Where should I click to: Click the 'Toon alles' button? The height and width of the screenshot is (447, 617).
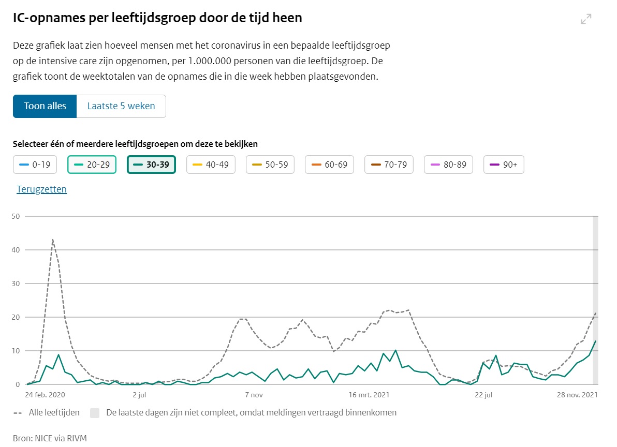click(45, 106)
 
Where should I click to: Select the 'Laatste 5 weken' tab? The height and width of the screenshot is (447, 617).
click(121, 106)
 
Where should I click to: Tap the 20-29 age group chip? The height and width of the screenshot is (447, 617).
click(92, 165)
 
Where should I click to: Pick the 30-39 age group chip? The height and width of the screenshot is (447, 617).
click(151, 165)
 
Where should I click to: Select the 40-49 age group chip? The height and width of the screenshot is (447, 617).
click(211, 165)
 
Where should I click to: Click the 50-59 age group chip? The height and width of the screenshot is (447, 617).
click(270, 165)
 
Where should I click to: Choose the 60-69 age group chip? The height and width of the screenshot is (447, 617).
click(330, 165)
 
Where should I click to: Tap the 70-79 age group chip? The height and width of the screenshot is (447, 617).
click(389, 165)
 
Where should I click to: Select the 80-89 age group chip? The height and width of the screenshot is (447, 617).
click(448, 165)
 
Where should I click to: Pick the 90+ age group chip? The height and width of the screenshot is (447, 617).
click(504, 165)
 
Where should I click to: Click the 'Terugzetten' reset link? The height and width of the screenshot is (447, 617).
click(42, 189)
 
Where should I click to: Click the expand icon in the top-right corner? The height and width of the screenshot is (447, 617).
click(586, 19)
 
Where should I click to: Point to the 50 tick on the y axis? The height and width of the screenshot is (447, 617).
click(15, 216)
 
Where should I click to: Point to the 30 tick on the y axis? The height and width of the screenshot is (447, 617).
click(15, 284)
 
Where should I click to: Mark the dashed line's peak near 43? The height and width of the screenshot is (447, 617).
click(53, 240)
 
